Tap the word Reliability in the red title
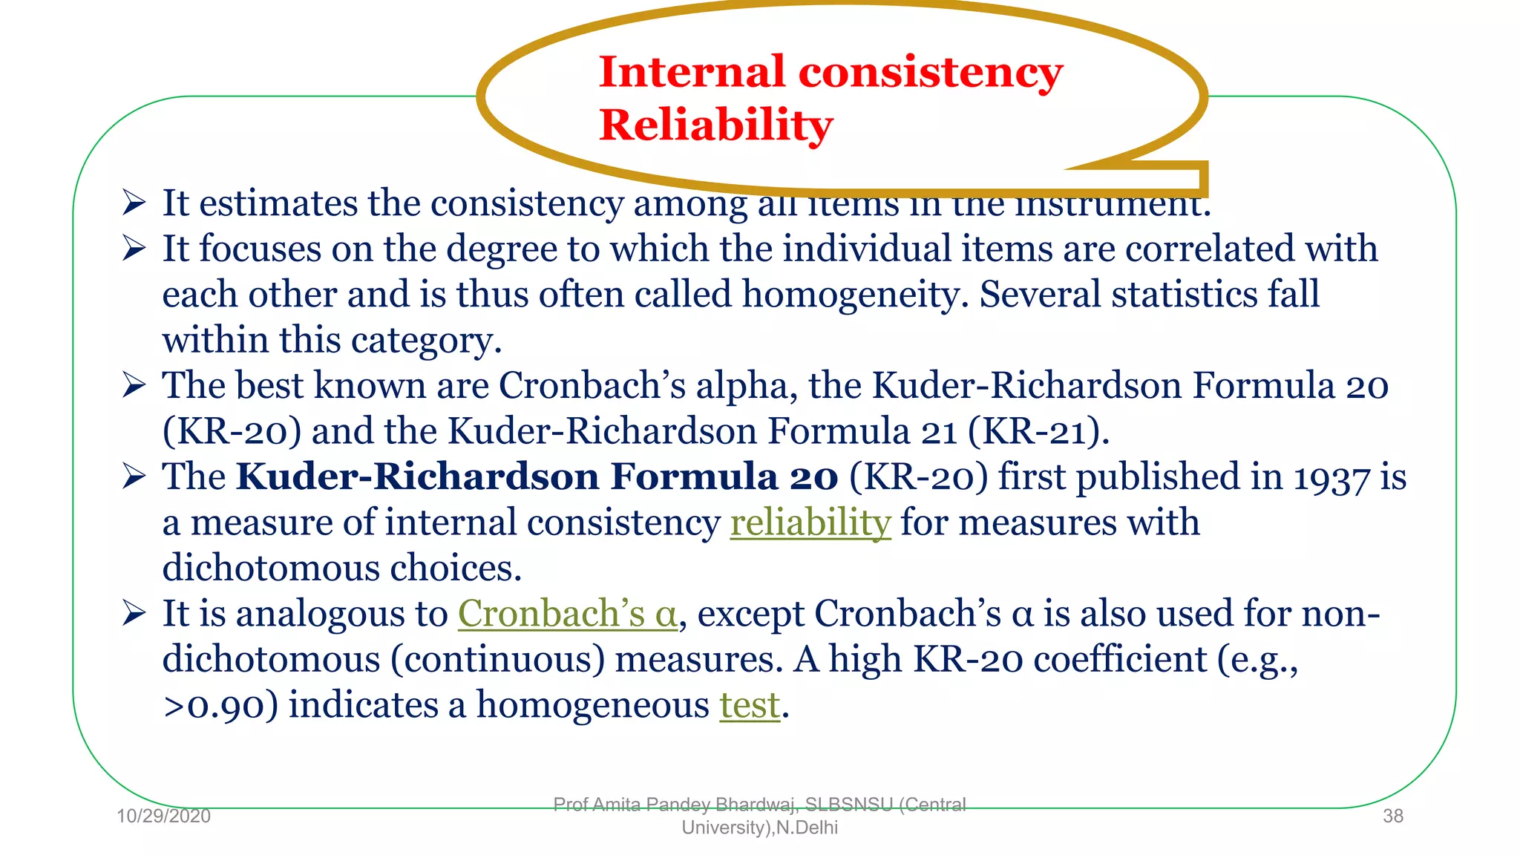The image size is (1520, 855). [715, 124]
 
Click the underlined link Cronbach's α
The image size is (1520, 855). [567, 614]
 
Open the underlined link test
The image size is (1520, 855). [750, 704]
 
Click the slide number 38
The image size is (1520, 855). [1392, 816]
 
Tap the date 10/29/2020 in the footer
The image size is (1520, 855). [163, 816]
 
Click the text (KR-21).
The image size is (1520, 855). [1038, 431]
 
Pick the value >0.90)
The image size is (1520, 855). [220, 705]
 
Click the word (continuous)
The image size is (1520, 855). [497, 659]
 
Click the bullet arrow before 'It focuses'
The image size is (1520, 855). [134, 249]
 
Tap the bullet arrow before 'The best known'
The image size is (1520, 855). [134, 385]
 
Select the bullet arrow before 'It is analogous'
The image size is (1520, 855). [134, 614]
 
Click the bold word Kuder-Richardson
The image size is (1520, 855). [416, 476]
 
